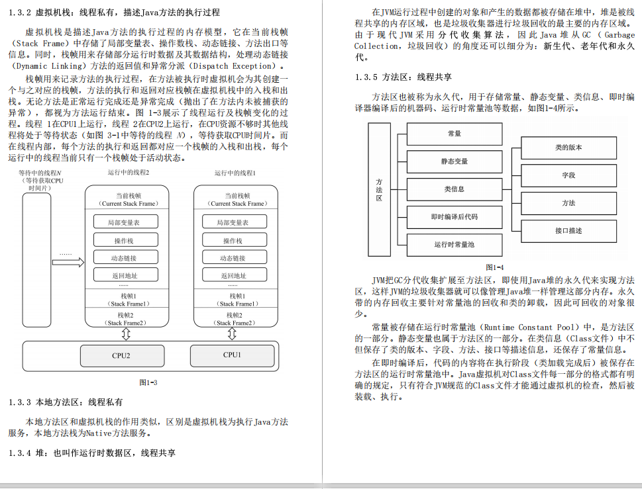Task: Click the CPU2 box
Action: (121, 355)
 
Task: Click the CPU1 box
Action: (232, 355)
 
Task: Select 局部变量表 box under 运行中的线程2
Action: (123, 222)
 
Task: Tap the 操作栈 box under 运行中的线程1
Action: (233, 240)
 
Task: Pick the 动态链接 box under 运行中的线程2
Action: (123, 258)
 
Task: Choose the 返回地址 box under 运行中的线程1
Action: (233, 275)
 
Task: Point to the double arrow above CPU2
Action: (126, 333)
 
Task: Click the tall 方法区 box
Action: (379, 189)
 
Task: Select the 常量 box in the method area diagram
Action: (455, 134)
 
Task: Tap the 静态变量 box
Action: (455, 161)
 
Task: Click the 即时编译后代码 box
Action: (455, 217)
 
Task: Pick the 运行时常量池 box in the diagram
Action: (455, 244)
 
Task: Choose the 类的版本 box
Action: (568, 148)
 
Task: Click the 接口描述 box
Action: (568, 230)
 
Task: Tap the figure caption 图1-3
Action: (148, 382)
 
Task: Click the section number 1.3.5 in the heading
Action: (366, 77)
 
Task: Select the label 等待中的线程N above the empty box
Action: (36, 173)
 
